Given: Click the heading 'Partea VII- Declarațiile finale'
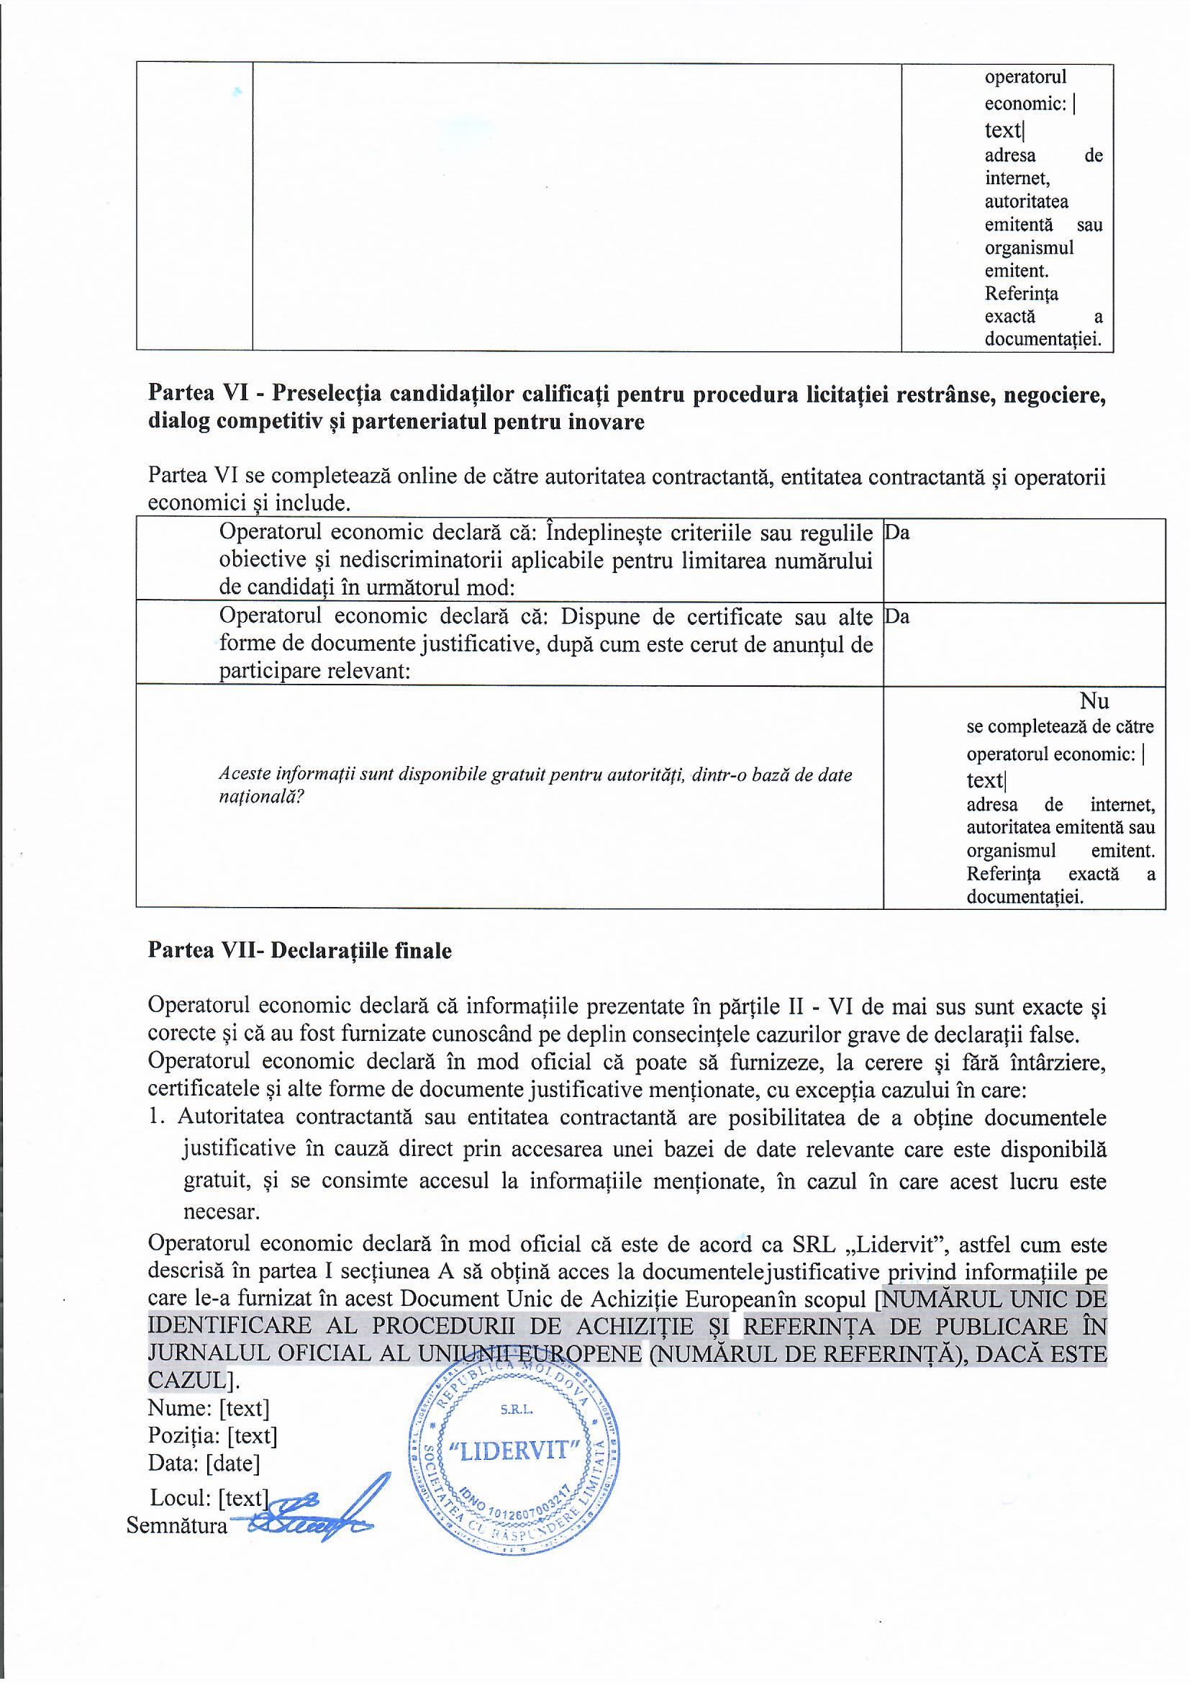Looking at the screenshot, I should (300, 951).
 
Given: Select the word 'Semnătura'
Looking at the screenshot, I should (176, 1525).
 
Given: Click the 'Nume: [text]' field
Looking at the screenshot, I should (209, 1408).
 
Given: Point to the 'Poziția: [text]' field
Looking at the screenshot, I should (212, 1435).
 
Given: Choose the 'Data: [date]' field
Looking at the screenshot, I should (204, 1463).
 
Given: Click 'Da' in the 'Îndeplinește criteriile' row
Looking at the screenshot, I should (897, 533).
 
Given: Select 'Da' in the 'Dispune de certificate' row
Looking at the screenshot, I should (897, 617).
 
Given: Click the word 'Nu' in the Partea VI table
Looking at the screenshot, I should (1094, 700).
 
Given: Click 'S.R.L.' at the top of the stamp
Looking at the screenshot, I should (517, 1409).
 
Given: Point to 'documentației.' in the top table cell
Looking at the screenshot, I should (1043, 339).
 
